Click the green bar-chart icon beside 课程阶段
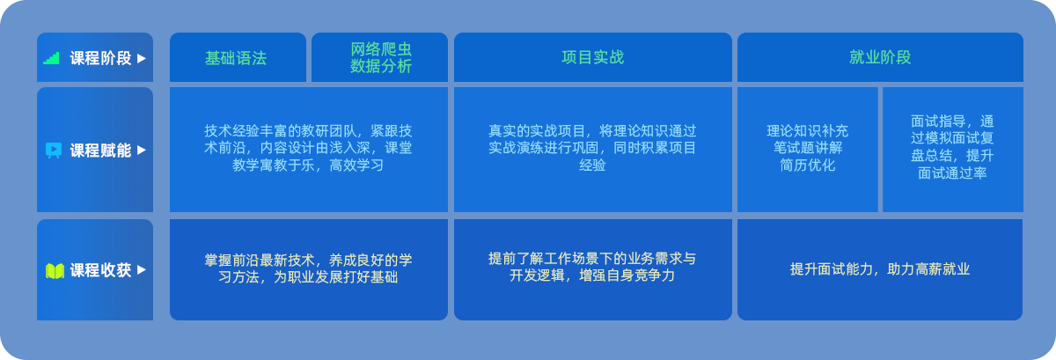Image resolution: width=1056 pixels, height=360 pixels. (x=51, y=58)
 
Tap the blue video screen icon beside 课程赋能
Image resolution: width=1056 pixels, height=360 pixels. (x=54, y=150)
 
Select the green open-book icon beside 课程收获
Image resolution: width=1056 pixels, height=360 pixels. (x=55, y=271)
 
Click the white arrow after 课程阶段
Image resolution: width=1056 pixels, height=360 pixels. (x=142, y=58)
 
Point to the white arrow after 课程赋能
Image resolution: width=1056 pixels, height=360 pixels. (x=142, y=150)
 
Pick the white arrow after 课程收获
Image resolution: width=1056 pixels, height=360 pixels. (x=142, y=270)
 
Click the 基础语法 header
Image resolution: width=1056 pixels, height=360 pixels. (x=236, y=58)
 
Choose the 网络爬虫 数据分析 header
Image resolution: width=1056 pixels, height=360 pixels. (x=381, y=57)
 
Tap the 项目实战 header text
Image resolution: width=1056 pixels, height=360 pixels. (x=592, y=57)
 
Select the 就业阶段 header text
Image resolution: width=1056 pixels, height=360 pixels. (x=880, y=57)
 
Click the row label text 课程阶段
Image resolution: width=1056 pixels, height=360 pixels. (x=100, y=58)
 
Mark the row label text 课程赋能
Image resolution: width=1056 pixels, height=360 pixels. (x=100, y=150)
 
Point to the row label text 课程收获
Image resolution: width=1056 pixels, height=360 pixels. (x=100, y=270)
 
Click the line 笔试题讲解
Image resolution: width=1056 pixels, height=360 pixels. (x=808, y=148)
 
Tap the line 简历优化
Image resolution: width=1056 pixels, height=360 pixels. (x=808, y=165)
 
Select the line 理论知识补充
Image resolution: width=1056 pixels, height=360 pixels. (x=808, y=130)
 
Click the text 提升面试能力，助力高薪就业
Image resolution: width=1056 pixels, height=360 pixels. (x=880, y=269)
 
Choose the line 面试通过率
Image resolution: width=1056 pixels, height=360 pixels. (x=952, y=173)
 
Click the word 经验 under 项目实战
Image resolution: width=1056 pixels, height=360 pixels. (x=592, y=165)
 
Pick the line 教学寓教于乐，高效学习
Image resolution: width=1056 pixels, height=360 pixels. (x=308, y=165)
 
